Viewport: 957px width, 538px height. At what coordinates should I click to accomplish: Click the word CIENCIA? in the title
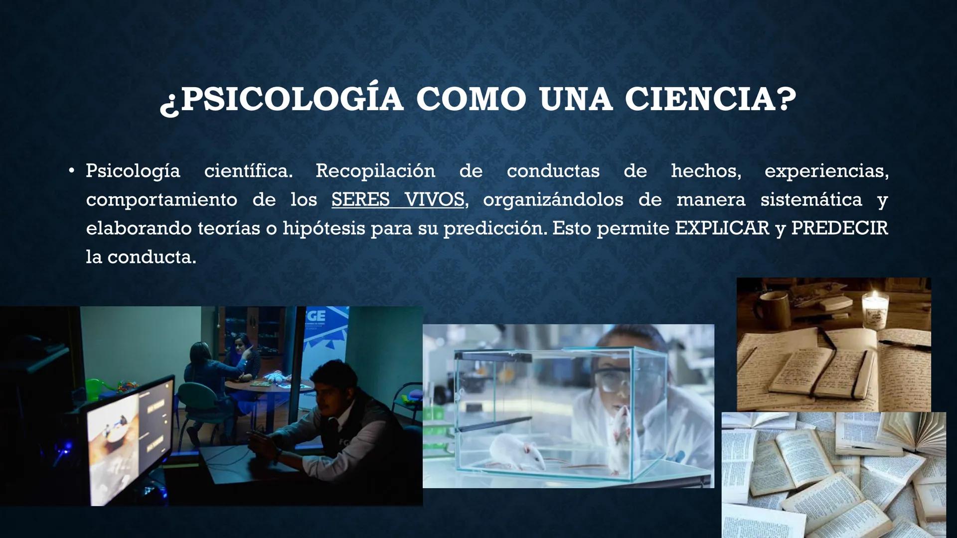pyautogui.click(x=710, y=99)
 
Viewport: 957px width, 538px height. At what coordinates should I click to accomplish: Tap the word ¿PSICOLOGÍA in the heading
pyautogui.click(x=282, y=99)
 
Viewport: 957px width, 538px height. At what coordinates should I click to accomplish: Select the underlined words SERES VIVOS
pyautogui.click(x=398, y=200)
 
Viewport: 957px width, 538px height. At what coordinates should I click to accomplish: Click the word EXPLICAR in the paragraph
pyautogui.click(x=722, y=229)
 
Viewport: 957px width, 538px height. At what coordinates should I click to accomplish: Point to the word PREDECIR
pyautogui.click(x=839, y=229)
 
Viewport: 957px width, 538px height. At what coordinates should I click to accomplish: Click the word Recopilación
pyautogui.click(x=375, y=171)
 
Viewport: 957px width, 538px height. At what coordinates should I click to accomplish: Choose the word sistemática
pyautogui.click(x=811, y=200)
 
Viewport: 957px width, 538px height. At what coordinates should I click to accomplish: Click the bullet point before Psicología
pyautogui.click(x=72, y=171)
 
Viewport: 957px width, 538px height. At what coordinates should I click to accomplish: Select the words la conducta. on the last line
pyautogui.click(x=141, y=258)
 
